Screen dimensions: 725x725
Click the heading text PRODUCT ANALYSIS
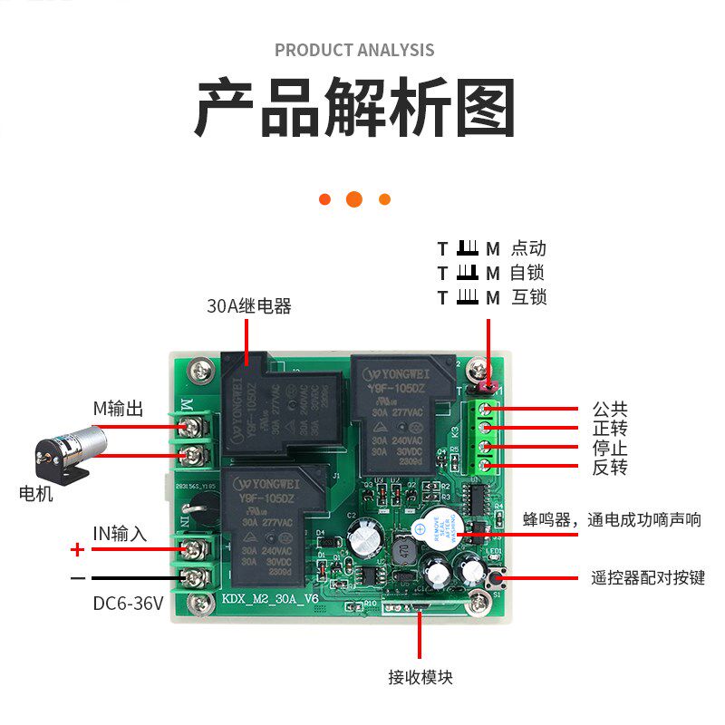click(354, 50)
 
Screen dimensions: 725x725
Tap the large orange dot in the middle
click(354, 198)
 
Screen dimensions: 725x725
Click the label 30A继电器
click(249, 306)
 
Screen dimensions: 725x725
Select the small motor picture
click(67, 453)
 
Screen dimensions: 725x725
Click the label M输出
click(118, 409)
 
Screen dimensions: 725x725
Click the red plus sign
click(78, 549)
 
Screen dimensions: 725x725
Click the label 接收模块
click(420, 677)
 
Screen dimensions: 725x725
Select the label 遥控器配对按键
click(647, 577)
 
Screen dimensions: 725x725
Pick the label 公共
click(610, 410)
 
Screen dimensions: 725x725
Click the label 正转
click(610, 429)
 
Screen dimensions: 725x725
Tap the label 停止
click(610, 449)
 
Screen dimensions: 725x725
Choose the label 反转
click(610, 468)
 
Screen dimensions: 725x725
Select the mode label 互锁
click(528, 297)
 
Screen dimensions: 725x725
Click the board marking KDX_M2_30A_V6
click(269, 599)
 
